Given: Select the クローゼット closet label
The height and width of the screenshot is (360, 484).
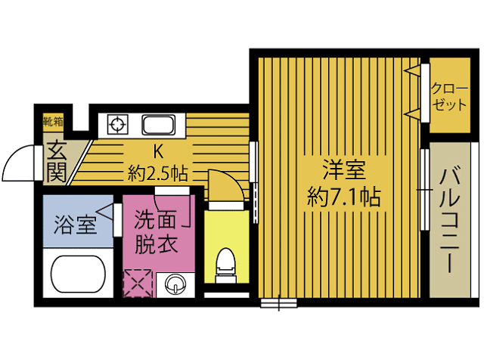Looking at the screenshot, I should (449, 96).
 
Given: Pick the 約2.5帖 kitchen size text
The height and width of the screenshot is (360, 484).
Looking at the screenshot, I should (158, 172).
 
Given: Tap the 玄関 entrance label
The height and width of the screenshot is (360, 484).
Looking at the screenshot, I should (55, 161).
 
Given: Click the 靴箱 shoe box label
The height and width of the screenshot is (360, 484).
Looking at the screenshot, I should (53, 120).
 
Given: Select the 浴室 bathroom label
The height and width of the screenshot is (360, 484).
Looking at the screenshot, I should (75, 224).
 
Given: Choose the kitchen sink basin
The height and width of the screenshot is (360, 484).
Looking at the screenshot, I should (160, 124).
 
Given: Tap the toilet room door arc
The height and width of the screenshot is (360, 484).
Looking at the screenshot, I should (225, 185).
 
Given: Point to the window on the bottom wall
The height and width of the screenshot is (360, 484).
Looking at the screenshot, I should (278, 304).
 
